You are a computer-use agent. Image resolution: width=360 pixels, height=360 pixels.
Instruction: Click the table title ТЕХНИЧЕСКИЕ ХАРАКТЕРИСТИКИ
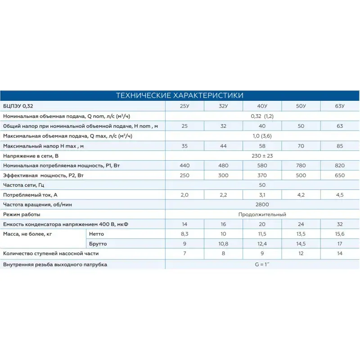tap(180, 95)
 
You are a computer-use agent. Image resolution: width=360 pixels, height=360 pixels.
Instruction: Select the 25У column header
tap(184, 106)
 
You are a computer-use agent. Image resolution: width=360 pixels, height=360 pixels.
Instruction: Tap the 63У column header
tap(340, 106)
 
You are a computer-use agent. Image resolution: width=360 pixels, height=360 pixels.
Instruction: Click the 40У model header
tap(262, 106)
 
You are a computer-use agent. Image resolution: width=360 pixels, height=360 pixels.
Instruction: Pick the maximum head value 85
tap(340, 146)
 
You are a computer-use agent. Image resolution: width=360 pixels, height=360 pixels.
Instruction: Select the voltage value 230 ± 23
tap(262, 156)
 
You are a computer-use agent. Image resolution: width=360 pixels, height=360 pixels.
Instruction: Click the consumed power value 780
tap(301, 166)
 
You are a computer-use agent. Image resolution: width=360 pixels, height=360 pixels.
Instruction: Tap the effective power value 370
tap(262, 175)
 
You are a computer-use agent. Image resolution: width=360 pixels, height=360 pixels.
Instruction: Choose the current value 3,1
tap(262, 195)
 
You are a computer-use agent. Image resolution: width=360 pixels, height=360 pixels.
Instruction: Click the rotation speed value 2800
tap(262, 205)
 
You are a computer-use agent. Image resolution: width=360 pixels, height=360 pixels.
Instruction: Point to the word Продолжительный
tap(262, 215)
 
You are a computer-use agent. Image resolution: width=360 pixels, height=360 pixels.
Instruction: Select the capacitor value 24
tap(301, 224)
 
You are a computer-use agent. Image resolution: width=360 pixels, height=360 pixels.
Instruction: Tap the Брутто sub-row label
tap(99, 244)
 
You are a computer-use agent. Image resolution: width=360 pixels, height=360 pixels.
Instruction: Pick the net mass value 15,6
tap(340, 234)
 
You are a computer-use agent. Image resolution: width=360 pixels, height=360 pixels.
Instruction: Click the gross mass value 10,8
tap(223, 244)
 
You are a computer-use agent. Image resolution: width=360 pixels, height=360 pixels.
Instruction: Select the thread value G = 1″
tap(262, 265)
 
